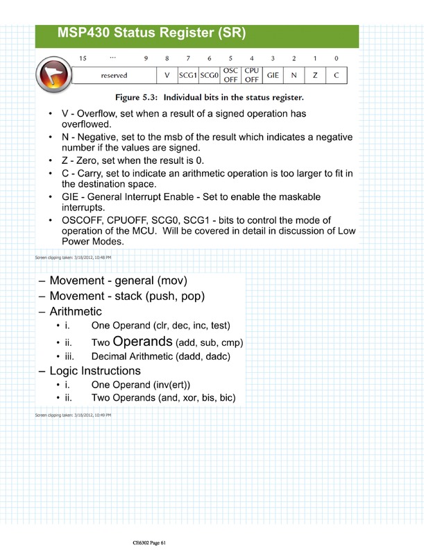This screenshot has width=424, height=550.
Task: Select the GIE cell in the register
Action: point(273,74)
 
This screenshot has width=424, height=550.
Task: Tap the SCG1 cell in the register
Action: point(188,74)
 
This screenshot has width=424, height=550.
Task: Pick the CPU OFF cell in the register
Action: point(252,74)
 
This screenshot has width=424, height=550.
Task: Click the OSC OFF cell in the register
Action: point(230,74)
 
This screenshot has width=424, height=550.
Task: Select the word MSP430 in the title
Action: point(88,33)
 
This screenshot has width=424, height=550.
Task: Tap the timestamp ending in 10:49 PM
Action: point(72,415)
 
